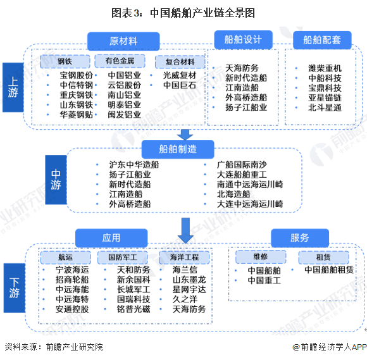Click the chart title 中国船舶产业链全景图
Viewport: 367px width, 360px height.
(x=183, y=13)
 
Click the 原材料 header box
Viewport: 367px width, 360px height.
(x=123, y=41)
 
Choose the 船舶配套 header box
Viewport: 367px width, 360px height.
(x=322, y=40)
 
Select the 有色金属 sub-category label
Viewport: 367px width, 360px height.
(x=120, y=61)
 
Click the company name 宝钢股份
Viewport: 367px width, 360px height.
(x=77, y=75)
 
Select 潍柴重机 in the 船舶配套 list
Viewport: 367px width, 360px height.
(x=325, y=68)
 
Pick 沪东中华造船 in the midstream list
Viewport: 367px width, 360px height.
(x=134, y=164)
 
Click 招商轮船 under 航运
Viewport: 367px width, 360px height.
(x=72, y=280)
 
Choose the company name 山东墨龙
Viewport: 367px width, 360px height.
(x=189, y=280)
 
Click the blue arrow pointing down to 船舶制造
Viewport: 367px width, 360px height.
(x=185, y=134)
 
